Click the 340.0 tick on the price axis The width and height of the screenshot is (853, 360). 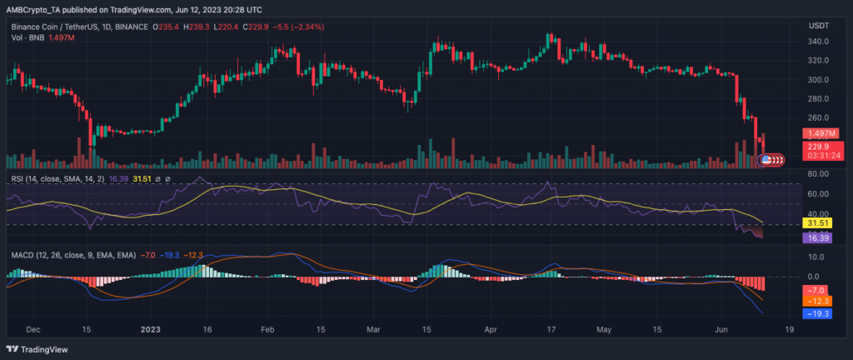pos(817,42)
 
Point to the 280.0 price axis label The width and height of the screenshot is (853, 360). pos(817,99)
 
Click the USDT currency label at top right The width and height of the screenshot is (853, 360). pos(818,26)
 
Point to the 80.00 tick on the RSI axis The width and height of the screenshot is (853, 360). pos(818,174)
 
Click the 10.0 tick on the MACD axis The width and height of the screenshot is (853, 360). pos(818,257)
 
